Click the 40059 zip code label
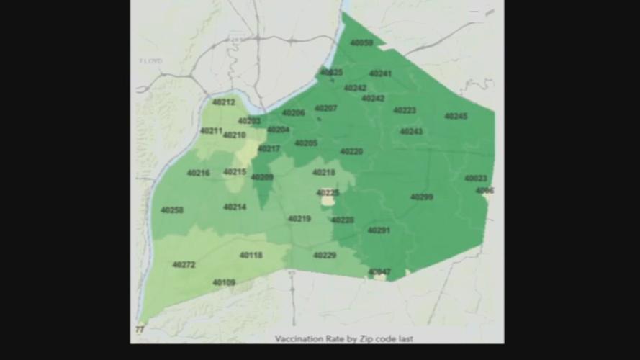point(361,43)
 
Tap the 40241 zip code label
point(380,74)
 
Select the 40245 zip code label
point(456,117)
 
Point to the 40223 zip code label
point(405,111)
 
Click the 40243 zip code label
point(411,132)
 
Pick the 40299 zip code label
point(422,197)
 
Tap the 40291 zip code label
point(379,230)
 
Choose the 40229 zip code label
point(325,256)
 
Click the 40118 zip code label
point(251,256)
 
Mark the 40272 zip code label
point(184,265)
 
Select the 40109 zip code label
point(224,283)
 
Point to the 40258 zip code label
point(172,210)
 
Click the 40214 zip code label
point(235,207)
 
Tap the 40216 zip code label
point(199,174)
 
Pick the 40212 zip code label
point(224,103)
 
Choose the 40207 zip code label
point(326,109)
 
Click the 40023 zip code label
point(476,179)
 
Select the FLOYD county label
point(151,62)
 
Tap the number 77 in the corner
point(139,330)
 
